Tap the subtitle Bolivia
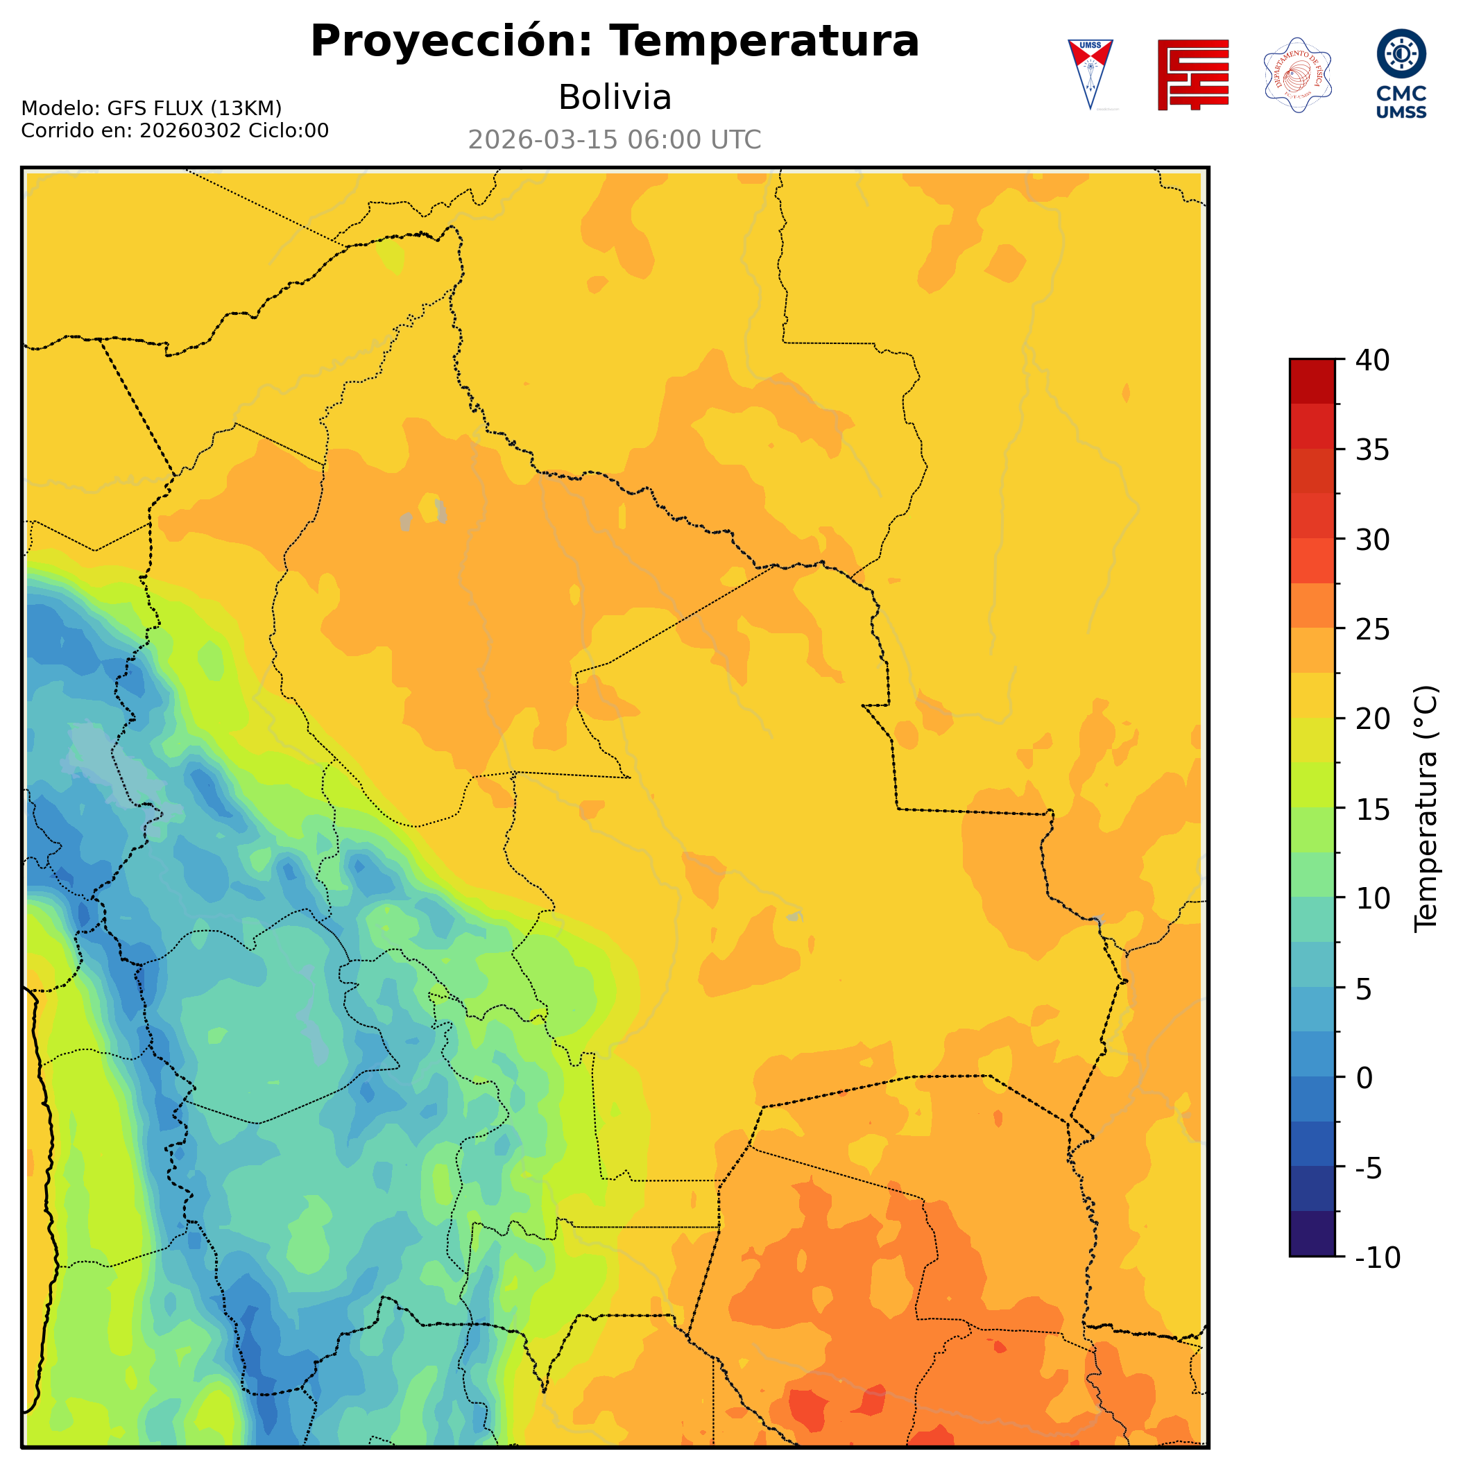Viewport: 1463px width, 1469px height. [x=615, y=97]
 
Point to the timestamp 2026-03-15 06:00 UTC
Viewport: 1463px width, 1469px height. [x=615, y=140]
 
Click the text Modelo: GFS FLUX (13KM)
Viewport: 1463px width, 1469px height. [x=151, y=108]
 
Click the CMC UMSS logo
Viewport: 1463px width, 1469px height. [x=1401, y=74]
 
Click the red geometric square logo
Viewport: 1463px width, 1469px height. [x=1192, y=74]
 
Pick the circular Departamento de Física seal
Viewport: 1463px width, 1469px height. [x=1297, y=74]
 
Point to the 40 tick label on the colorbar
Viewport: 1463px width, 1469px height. [x=1373, y=361]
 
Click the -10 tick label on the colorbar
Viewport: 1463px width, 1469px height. [x=1378, y=1257]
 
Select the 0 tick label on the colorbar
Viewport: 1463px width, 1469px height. [x=1365, y=1079]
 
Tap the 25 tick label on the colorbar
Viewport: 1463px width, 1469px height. [x=1373, y=630]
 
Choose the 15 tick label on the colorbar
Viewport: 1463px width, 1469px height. [x=1373, y=809]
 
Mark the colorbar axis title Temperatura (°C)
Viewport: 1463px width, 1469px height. [x=1426, y=809]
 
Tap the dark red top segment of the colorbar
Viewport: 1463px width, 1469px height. [x=1312, y=381]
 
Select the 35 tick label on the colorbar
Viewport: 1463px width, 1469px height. [x=1373, y=450]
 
